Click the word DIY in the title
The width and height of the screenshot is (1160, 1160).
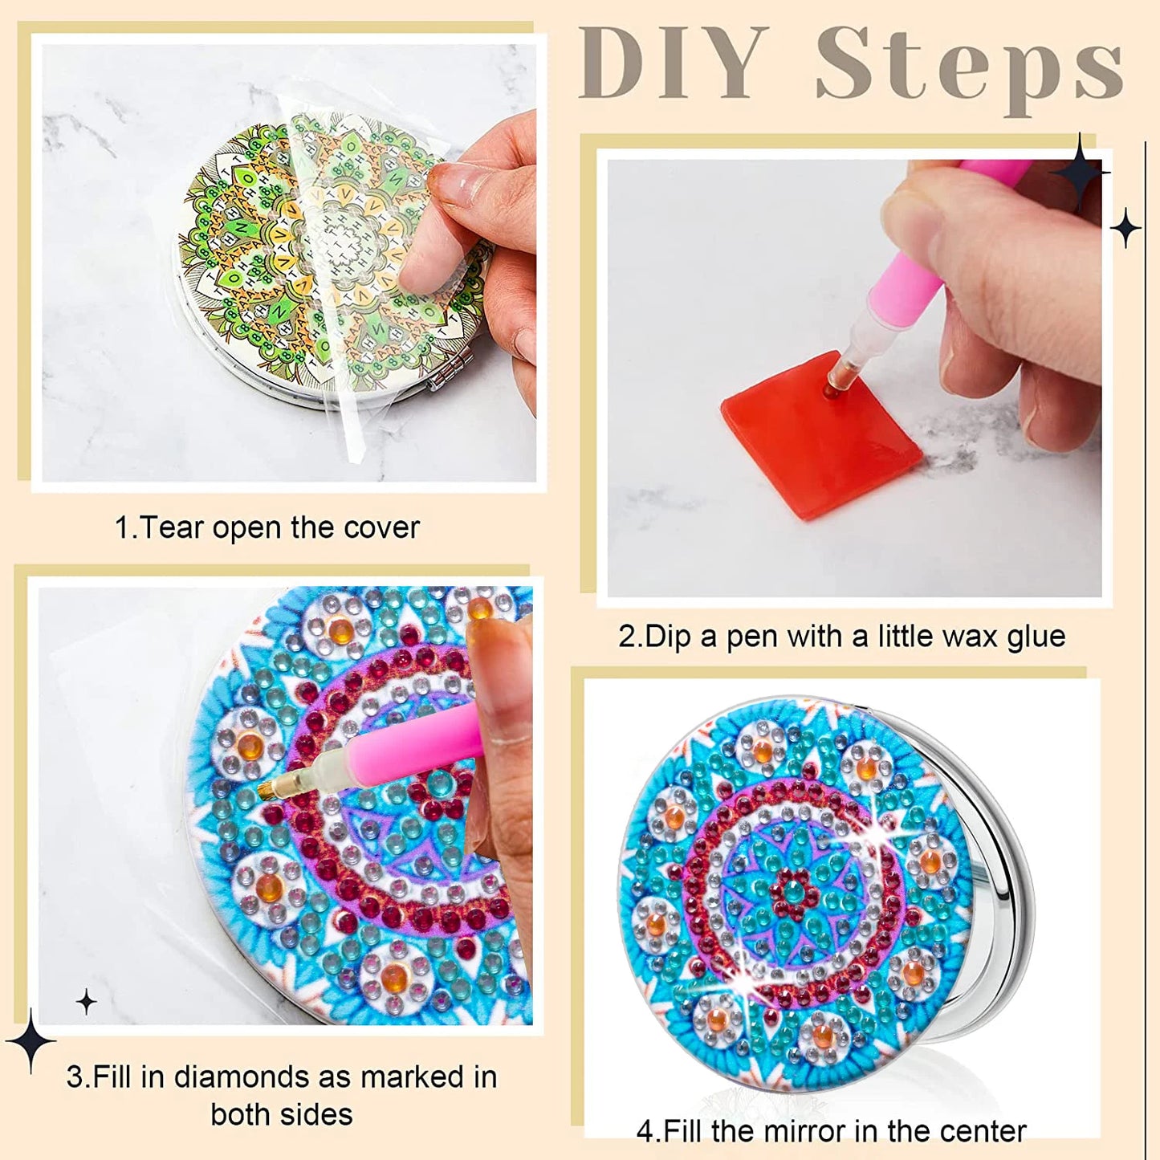coord(673,64)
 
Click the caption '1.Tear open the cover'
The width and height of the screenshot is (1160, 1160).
coord(267,528)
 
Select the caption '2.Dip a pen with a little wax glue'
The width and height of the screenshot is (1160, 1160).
coord(841,637)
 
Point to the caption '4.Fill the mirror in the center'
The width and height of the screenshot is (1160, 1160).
coord(831,1132)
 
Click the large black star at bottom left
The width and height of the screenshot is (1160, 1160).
coord(31,1042)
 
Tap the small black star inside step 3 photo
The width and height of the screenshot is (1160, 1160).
coord(86,1002)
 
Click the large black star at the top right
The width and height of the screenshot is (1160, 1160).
coord(1081,173)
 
